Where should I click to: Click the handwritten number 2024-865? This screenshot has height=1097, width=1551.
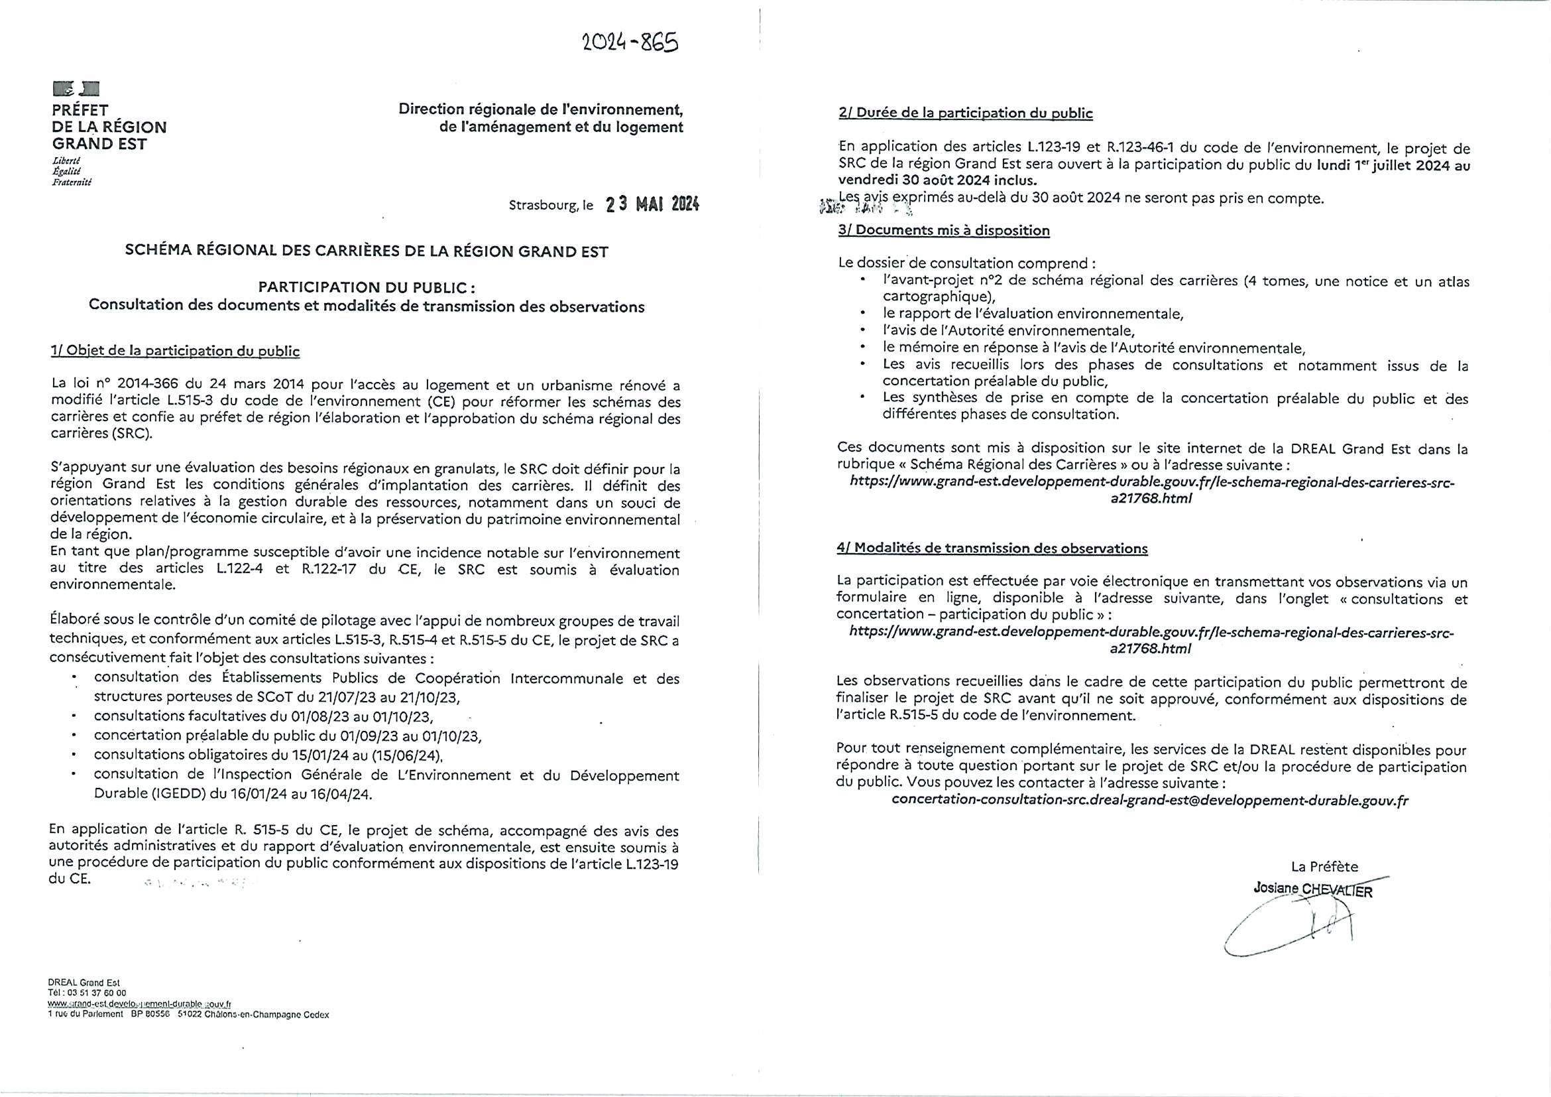(630, 42)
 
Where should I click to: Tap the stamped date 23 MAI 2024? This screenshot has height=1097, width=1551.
(652, 205)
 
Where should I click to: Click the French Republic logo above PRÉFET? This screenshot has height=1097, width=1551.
(76, 88)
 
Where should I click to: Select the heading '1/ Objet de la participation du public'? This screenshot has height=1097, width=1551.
(175, 351)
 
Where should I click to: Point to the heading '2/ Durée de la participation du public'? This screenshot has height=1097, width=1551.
(965, 113)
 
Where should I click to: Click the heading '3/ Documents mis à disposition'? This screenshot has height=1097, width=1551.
(944, 229)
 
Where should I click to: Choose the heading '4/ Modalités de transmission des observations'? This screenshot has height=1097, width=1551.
(992, 548)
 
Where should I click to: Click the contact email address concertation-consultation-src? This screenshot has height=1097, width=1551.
(1150, 800)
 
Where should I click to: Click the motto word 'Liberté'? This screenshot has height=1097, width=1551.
(66, 161)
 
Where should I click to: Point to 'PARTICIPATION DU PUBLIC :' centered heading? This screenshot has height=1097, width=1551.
(367, 287)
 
